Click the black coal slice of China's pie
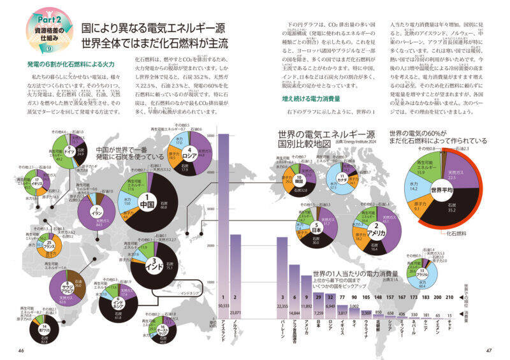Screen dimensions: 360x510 [163, 204]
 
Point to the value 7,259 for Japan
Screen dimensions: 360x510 [319, 313]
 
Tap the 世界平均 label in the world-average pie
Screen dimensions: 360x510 [441, 190]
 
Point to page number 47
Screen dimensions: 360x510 [489, 349]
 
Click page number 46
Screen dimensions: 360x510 [20, 349]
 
